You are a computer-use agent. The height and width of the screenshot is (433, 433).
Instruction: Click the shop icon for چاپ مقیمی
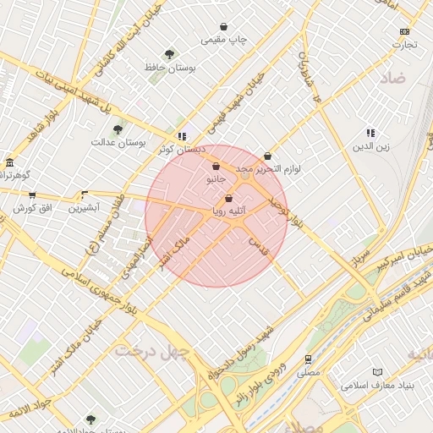pyautogui.click(x=223, y=27)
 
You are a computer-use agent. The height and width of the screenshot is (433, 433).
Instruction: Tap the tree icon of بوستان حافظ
pyautogui.click(x=171, y=54)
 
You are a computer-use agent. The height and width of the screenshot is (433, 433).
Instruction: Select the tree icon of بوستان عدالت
pyautogui.click(x=118, y=129)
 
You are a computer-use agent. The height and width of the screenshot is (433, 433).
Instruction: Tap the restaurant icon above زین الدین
pyautogui.click(x=370, y=133)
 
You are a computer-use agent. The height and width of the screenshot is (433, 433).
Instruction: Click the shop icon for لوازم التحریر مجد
pyautogui.click(x=268, y=156)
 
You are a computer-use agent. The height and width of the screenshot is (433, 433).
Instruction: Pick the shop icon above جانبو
pyautogui.click(x=216, y=167)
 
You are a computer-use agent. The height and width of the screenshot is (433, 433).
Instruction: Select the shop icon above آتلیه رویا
pyautogui.click(x=228, y=199)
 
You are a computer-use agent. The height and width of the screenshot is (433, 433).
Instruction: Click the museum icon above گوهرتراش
pyautogui.click(x=9, y=162)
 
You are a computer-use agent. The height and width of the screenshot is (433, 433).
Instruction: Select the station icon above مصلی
pyautogui.click(x=309, y=359)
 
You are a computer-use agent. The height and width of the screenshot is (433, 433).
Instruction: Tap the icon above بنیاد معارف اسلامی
pyautogui.click(x=377, y=372)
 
